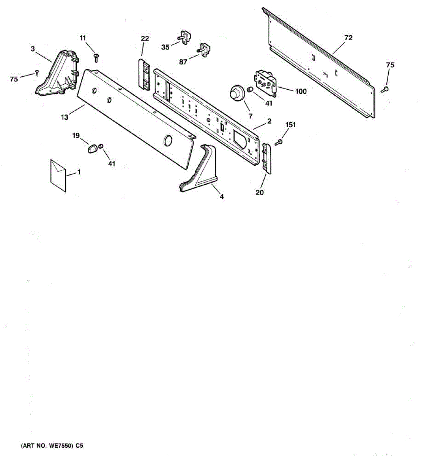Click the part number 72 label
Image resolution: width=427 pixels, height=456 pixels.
click(x=348, y=38)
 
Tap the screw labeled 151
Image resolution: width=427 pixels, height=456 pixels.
click(x=279, y=142)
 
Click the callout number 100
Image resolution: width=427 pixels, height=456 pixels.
click(x=301, y=91)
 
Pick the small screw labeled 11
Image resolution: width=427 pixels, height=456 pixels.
click(x=96, y=57)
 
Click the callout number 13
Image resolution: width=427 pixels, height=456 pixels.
click(x=65, y=117)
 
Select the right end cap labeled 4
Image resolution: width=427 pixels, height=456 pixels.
click(x=199, y=168)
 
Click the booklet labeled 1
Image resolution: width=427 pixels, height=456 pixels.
click(x=58, y=176)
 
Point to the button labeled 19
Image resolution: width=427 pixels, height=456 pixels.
click(x=92, y=148)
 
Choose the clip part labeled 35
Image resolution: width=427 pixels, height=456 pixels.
click(x=184, y=37)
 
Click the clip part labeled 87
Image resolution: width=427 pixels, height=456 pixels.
click(x=203, y=50)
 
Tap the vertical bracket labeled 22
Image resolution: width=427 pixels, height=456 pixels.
click(x=144, y=74)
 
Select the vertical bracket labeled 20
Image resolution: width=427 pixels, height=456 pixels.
click(x=266, y=159)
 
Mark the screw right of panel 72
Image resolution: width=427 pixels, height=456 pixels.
click(x=385, y=89)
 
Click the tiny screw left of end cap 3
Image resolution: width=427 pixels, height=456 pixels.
click(x=37, y=73)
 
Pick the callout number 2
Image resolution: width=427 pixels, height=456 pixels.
click(x=269, y=121)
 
